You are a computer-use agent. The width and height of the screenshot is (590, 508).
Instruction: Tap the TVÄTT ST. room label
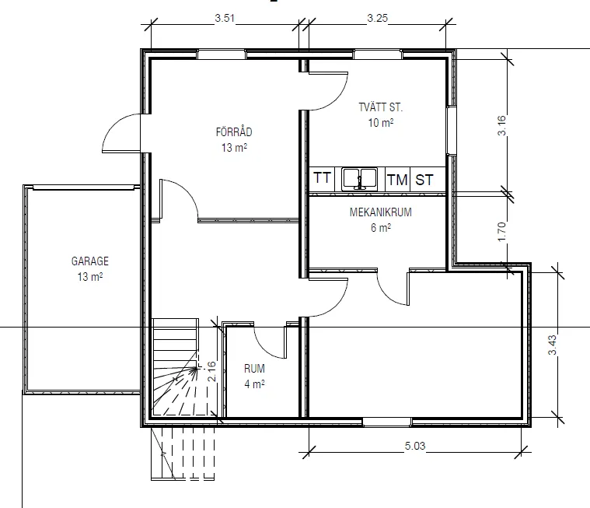click(x=380, y=107)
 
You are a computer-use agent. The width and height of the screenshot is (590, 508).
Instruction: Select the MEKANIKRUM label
click(x=380, y=212)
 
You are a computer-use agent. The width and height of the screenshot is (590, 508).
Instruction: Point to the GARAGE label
click(x=90, y=261)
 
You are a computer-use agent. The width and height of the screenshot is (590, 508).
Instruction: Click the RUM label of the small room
click(x=254, y=368)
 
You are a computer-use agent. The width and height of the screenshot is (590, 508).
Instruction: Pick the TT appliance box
click(x=323, y=179)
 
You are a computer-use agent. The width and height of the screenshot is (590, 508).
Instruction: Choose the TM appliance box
click(x=397, y=180)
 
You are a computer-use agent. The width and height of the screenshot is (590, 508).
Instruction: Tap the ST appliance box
click(x=424, y=180)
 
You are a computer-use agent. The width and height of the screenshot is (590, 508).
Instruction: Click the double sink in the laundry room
click(x=358, y=179)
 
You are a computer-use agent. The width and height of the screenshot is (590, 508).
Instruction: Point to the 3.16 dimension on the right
click(x=501, y=126)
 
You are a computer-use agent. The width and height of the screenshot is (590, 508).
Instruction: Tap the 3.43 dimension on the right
click(x=552, y=343)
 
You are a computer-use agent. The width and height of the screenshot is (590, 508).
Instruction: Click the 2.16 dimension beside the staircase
click(x=211, y=370)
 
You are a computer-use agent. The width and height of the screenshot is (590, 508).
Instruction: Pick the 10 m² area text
click(x=380, y=122)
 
